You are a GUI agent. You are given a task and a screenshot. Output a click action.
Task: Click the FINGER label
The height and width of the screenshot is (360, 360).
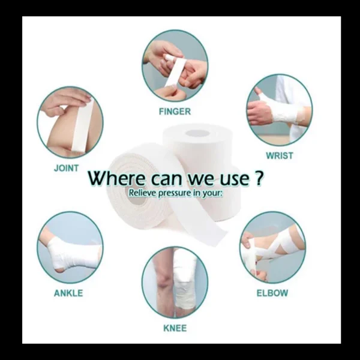(175, 112)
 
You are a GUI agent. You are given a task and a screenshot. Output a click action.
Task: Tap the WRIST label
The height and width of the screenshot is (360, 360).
(279, 156)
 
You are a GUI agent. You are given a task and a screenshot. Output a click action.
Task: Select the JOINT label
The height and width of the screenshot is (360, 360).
(66, 168)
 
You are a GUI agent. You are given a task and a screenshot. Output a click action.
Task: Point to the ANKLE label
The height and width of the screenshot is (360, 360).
(68, 293)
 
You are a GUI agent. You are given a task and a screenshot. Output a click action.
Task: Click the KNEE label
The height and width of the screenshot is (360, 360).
(175, 328)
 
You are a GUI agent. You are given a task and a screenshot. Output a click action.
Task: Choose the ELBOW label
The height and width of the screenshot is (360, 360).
(272, 293)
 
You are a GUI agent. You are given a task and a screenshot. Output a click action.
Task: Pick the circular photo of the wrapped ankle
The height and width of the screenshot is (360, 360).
(70, 247)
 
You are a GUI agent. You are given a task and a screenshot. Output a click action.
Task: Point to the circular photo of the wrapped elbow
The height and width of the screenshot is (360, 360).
(272, 247)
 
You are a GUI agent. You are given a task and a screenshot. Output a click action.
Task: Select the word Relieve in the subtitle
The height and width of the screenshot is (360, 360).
(143, 193)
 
